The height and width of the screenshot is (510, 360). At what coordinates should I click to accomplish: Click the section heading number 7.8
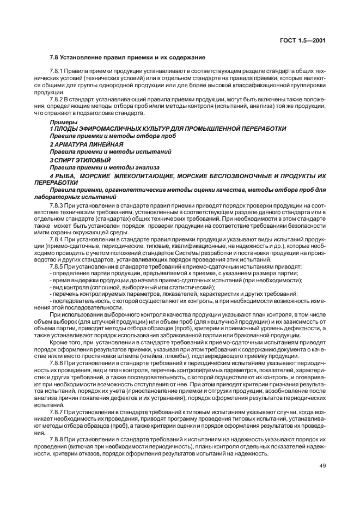coord(54,57)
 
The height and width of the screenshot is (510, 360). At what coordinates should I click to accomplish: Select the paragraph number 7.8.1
coord(57,71)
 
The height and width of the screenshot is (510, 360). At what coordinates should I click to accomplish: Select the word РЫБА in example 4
coord(64,177)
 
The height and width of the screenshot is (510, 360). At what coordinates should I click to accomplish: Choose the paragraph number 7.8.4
coord(57,239)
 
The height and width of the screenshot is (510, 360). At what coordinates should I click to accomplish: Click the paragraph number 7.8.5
coord(57,266)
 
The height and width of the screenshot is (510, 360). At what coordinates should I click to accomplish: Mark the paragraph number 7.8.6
coord(57,362)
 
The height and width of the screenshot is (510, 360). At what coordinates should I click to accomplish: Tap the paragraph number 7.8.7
coord(57,411)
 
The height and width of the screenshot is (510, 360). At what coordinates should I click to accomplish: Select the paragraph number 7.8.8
coord(57,439)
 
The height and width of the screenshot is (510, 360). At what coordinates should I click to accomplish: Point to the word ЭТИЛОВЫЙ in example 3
coord(95,160)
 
